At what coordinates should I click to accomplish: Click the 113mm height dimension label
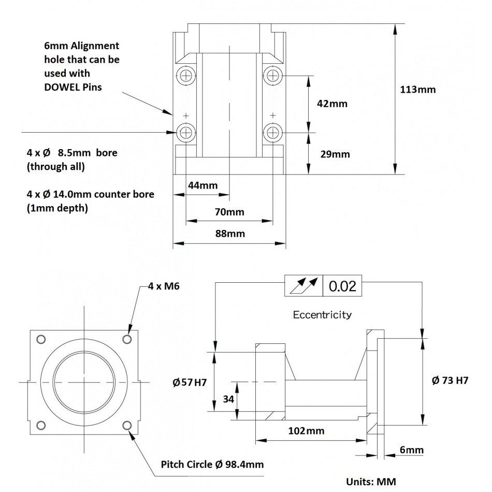418,89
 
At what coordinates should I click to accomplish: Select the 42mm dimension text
332,104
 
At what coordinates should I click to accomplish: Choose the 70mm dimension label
229,212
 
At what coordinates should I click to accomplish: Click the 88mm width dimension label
229,233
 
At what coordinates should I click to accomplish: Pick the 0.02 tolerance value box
342,285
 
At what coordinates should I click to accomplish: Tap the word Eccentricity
322,314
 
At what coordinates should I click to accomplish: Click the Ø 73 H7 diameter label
450,380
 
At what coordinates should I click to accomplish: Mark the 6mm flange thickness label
412,450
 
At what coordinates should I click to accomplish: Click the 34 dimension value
228,399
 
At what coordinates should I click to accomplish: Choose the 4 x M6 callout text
164,286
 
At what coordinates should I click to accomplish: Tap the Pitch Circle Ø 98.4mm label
212,464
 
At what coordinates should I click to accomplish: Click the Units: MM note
371,482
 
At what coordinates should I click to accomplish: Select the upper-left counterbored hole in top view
185,76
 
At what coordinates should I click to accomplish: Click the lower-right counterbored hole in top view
272,133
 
